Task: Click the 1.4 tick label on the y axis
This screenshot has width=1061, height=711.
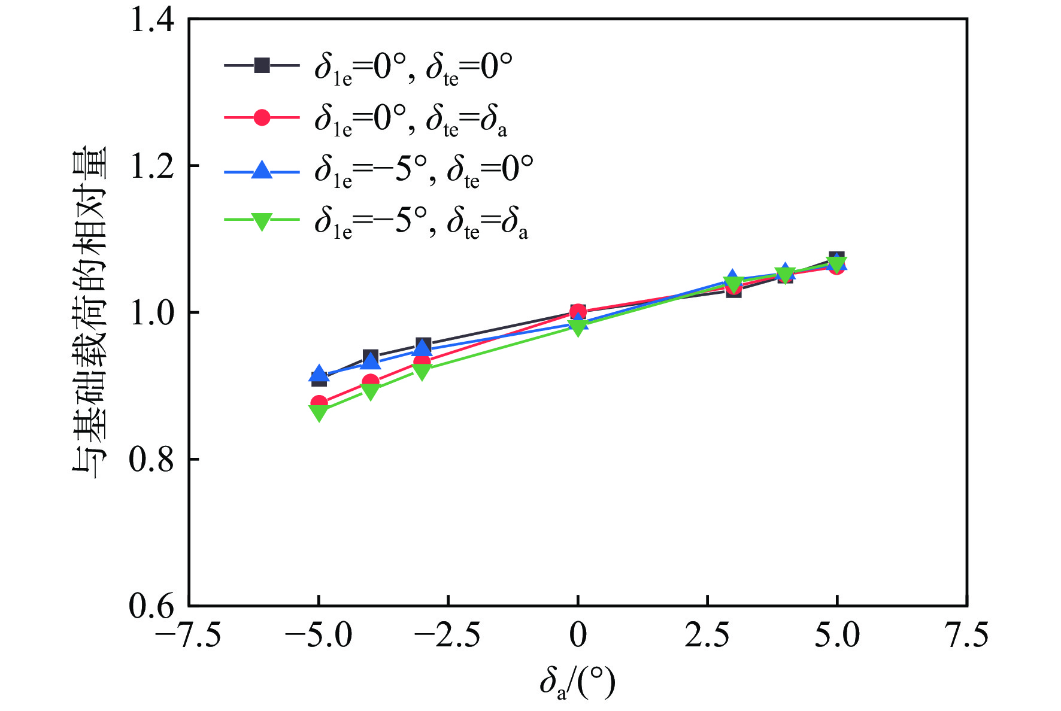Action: [x=151, y=20]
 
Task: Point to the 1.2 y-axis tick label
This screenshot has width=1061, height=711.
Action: [x=151, y=166]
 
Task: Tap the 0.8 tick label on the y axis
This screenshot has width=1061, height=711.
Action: [x=151, y=460]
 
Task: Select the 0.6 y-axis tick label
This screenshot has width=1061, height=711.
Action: [x=151, y=606]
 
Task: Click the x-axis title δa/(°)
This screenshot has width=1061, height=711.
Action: [x=577, y=683]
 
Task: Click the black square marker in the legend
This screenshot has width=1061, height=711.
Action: [x=262, y=65]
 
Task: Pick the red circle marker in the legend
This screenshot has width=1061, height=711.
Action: [x=262, y=117]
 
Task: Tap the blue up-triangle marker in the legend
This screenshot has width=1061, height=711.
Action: [x=262, y=170]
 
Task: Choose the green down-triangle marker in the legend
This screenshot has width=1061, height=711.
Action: [x=262, y=221]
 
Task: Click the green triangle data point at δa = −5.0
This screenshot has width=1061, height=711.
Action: [x=319, y=412]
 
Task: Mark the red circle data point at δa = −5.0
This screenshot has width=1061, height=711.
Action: [x=319, y=403]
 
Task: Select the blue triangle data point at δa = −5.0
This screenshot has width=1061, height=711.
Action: [x=319, y=374]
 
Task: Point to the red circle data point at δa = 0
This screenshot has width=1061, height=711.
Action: [x=578, y=311]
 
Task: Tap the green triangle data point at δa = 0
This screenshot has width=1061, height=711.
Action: [x=578, y=327]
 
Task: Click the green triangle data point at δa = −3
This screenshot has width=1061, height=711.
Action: [x=422, y=372]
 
